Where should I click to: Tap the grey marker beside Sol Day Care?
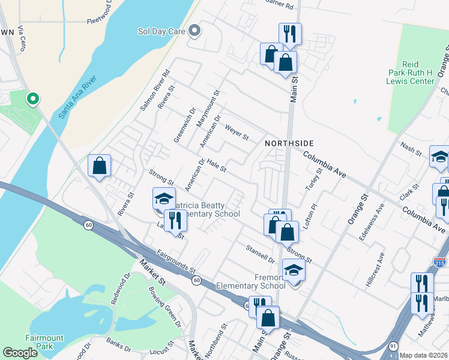[x=194, y=31]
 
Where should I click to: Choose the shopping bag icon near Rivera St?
[x=99, y=166]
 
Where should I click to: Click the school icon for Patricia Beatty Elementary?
[x=163, y=198]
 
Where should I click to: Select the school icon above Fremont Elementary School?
[x=294, y=271]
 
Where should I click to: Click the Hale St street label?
[x=215, y=165]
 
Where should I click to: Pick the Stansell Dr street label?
[x=260, y=254]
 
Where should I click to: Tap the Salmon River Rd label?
[x=155, y=90]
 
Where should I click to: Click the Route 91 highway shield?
[x=393, y=346]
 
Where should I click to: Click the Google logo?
[x=20, y=353]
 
